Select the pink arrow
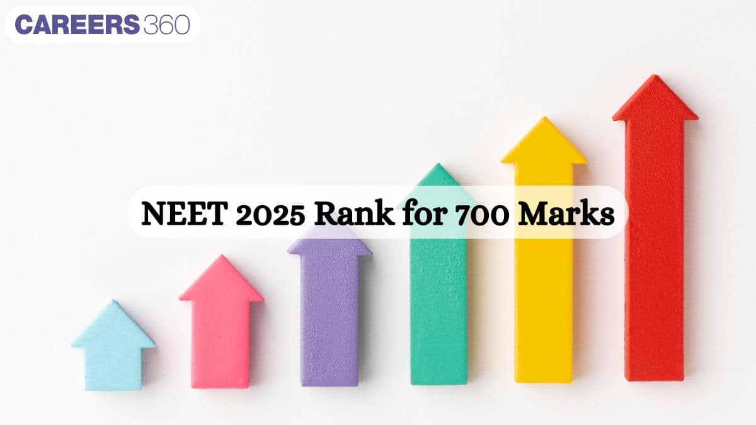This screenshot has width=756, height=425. pos(221,327)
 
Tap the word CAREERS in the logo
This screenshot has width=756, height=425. pos(76,25)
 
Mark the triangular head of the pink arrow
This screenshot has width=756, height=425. pos(221,280)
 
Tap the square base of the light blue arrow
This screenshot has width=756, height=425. pos(113,368)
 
